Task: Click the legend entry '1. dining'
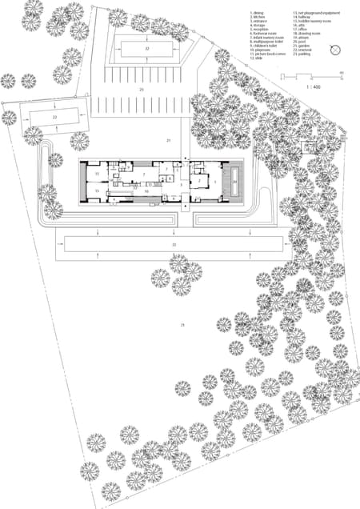click(258, 14)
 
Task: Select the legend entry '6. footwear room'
click(265, 36)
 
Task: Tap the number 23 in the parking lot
click(142, 91)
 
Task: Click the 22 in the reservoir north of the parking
click(147, 49)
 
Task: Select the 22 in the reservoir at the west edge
click(54, 118)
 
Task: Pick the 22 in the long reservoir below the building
click(174, 242)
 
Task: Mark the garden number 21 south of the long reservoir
click(182, 325)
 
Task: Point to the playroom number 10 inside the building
click(146, 192)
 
